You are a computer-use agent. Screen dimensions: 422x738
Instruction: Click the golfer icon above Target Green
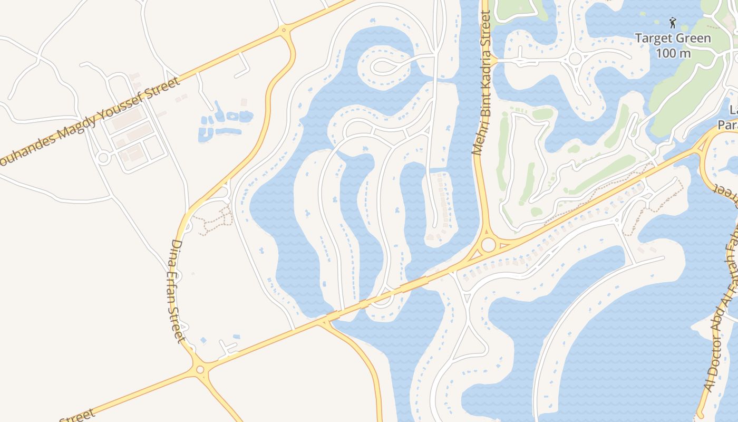pyautogui.click(x=672, y=23)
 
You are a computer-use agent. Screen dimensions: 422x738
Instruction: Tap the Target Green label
pyautogui.click(x=673, y=39)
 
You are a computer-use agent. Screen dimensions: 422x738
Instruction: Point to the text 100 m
pyautogui.click(x=673, y=53)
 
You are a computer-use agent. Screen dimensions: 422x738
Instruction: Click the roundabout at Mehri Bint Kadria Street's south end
pyautogui.click(x=489, y=245)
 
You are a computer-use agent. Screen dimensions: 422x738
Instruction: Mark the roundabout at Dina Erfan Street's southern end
pyautogui.click(x=200, y=370)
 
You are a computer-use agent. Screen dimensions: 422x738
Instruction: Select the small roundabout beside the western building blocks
pyautogui.click(x=103, y=157)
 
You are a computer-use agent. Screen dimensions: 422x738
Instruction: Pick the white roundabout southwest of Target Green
pyautogui.click(x=575, y=58)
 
